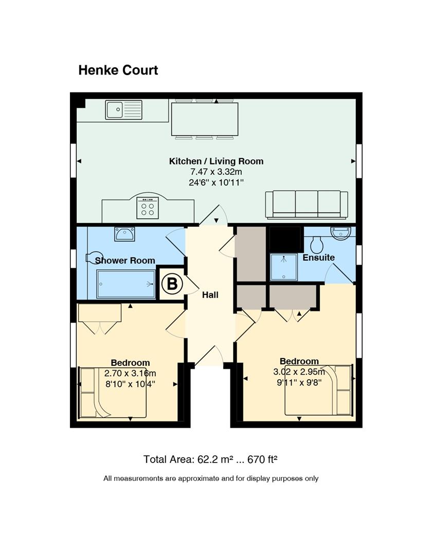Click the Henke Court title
click(118, 70)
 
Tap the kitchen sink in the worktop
click(123, 110)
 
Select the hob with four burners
click(148, 208)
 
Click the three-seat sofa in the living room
click(307, 204)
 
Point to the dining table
click(205, 119)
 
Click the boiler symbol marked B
click(172, 284)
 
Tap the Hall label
click(210, 295)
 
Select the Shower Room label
click(125, 261)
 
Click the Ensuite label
click(318, 257)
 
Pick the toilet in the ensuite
click(317, 244)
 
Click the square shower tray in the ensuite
click(284, 267)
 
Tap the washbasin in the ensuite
click(340, 233)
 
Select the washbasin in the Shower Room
click(124, 234)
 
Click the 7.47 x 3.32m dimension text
click(216, 172)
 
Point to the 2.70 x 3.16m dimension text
click(130, 373)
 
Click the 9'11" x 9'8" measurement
click(299, 382)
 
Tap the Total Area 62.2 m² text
click(210, 459)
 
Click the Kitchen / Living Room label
click(216, 161)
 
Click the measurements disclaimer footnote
click(211, 478)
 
